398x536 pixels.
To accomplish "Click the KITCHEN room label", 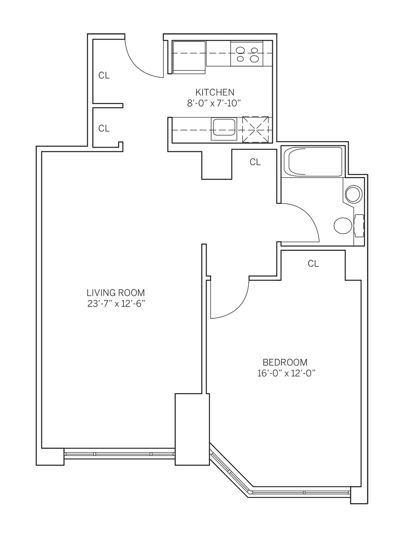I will click(x=215, y=92).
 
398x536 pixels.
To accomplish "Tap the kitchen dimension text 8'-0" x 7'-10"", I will click(x=214, y=104).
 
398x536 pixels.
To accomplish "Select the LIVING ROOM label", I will click(x=116, y=293).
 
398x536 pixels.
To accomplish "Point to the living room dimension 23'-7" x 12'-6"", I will click(x=116, y=304).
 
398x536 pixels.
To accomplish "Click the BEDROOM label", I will click(x=285, y=362).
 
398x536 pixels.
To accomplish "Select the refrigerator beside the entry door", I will click(x=189, y=57).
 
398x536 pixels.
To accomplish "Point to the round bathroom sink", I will click(x=354, y=194).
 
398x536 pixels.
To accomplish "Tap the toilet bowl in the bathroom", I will click(x=343, y=226).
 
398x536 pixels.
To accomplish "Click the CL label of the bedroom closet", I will click(x=313, y=264).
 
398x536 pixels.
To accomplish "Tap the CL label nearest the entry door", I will click(x=104, y=76).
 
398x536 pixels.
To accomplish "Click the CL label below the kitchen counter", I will click(x=255, y=162).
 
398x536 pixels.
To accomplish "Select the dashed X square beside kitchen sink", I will click(x=255, y=130).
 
